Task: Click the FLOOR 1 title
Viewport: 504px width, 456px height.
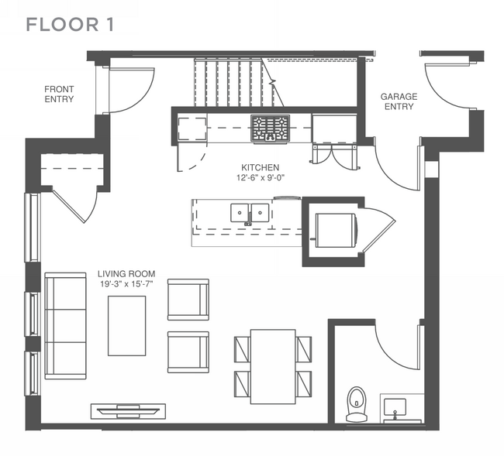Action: point(70,25)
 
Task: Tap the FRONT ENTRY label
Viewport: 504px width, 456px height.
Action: point(59,94)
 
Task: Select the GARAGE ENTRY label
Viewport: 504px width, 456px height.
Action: point(399,101)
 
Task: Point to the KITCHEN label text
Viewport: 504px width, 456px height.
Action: point(260,167)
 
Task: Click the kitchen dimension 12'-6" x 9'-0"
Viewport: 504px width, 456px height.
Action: point(261,177)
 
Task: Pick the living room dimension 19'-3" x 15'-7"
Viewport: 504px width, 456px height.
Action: point(126,284)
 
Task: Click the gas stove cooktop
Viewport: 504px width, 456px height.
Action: point(271,128)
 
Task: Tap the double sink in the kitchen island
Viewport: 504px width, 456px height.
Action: point(250,213)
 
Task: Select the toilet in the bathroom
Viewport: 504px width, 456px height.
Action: point(357,403)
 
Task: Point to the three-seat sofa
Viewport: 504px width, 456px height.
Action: point(66,326)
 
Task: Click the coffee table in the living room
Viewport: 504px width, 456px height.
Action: point(126,326)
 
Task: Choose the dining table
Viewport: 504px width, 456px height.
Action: point(273,366)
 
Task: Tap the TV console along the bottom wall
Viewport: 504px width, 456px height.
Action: point(128,411)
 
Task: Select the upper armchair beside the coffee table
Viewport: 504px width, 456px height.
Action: point(188,300)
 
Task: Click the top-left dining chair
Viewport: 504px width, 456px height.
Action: point(243,349)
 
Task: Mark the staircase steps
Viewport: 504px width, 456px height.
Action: point(233,82)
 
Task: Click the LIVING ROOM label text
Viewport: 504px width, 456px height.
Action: point(126,274)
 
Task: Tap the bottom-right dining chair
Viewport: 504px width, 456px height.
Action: point(304,384)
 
